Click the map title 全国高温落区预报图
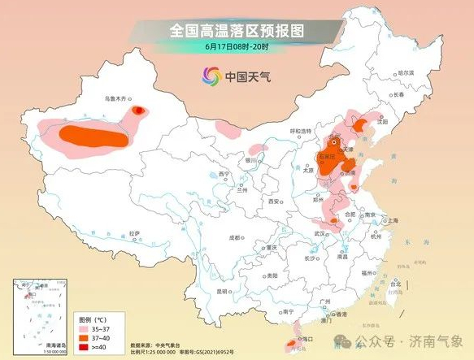click(x=236, y=31)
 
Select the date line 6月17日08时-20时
click(x=236, y=46)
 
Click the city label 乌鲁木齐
click(x=111, y=101)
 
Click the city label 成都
click(x=236, y=237)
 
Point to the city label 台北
click(x=396, y=284)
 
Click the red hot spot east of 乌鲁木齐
click(x=139, y=109)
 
